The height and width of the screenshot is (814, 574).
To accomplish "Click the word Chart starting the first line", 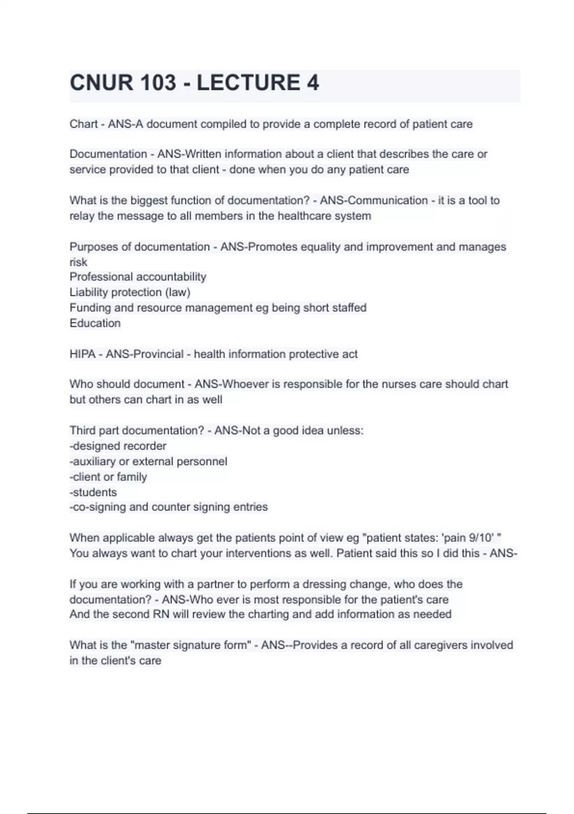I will coord(84,124).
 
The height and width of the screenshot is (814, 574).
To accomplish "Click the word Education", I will coord(95,323).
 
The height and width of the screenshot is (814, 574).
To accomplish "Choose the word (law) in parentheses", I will coord(177,292).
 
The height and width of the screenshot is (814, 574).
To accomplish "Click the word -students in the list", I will coord(93,492).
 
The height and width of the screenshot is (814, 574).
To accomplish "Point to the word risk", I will coord(78,262).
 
